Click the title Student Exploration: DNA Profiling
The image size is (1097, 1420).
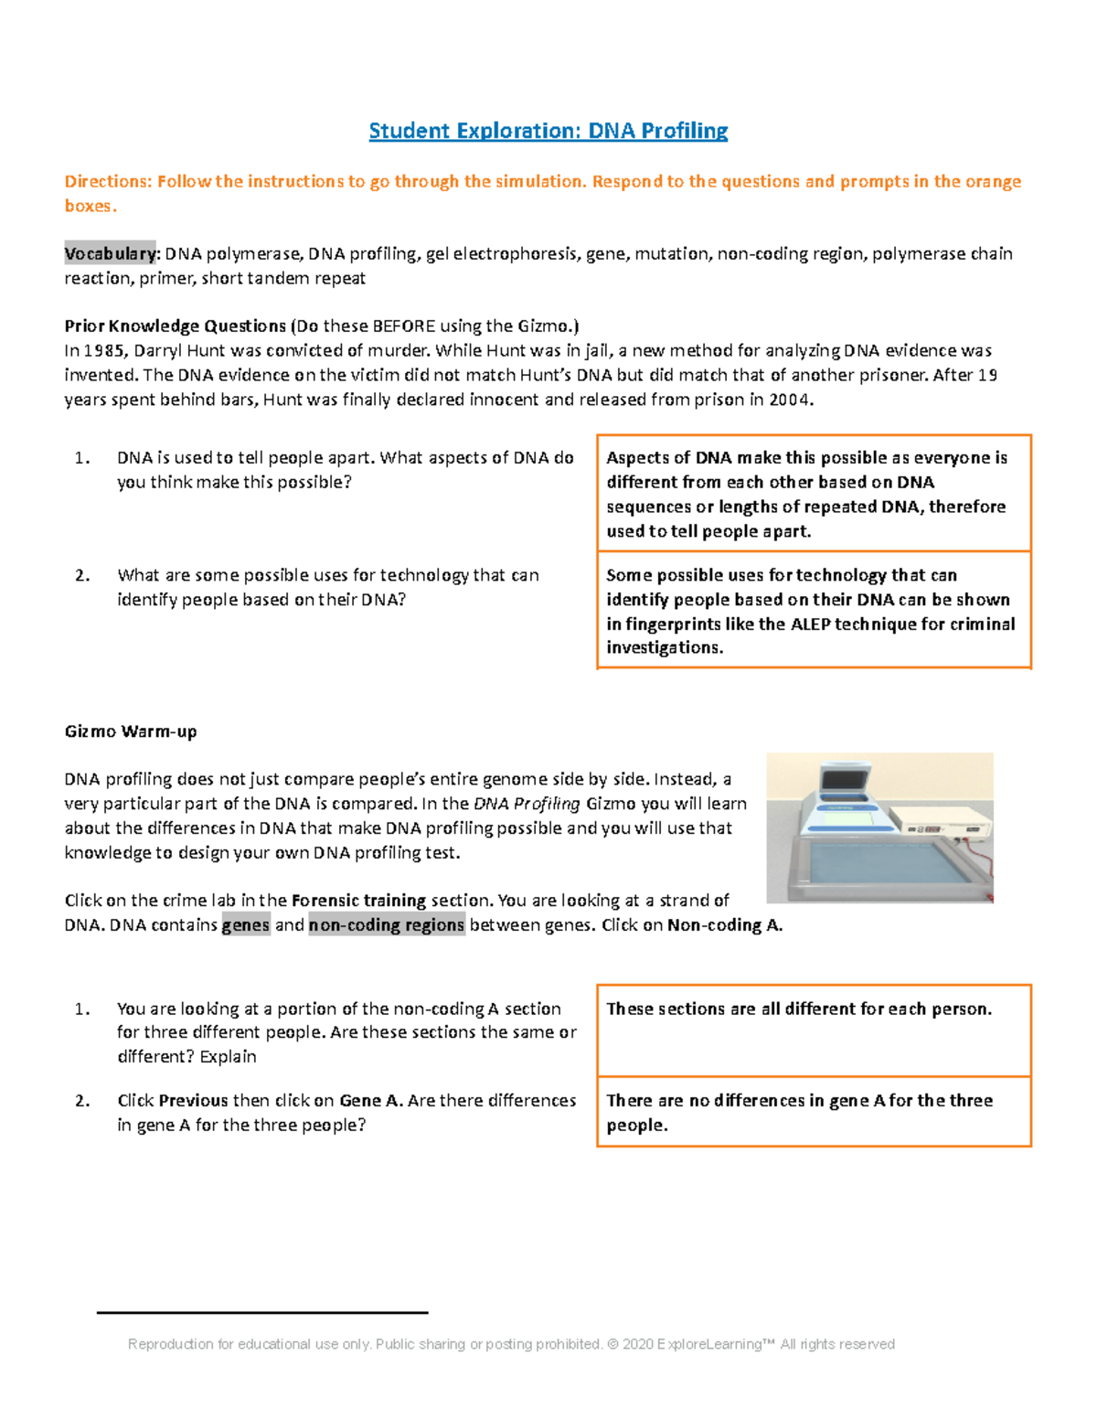(548, 131)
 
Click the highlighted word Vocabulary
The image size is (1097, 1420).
(111, 253)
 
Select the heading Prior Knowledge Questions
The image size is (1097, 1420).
(176, 326)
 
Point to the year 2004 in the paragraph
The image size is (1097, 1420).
(789, 399)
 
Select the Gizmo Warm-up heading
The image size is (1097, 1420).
(131, 731)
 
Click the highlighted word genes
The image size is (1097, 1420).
(246, 924)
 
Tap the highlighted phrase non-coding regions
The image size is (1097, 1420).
(387, 924)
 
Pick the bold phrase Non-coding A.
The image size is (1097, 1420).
(724, 924)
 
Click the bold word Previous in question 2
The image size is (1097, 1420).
(193, 1100)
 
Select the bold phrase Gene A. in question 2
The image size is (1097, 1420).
(371, 1100)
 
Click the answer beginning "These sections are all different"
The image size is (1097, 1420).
(799, 1009)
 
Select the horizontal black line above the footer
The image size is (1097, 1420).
(262, 1312)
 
